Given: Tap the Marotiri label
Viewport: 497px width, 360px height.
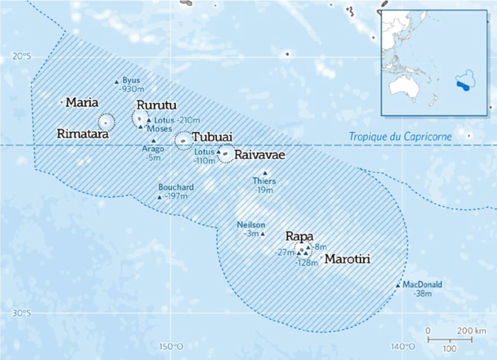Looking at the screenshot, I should pos(348,259).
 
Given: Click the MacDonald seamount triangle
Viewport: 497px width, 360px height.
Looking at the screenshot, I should pos(398,285).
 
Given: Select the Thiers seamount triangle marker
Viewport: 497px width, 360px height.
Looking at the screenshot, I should pos(265,173).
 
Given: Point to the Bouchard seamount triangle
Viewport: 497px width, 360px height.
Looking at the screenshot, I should pos(159,197).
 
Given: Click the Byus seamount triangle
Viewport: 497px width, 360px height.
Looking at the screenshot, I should pos(117,82).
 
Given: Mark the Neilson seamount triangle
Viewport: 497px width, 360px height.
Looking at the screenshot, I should pos(263,233).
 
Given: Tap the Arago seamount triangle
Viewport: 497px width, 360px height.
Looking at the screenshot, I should pos(153,141).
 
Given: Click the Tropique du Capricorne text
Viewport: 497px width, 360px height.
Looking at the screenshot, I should pos(401,137).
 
